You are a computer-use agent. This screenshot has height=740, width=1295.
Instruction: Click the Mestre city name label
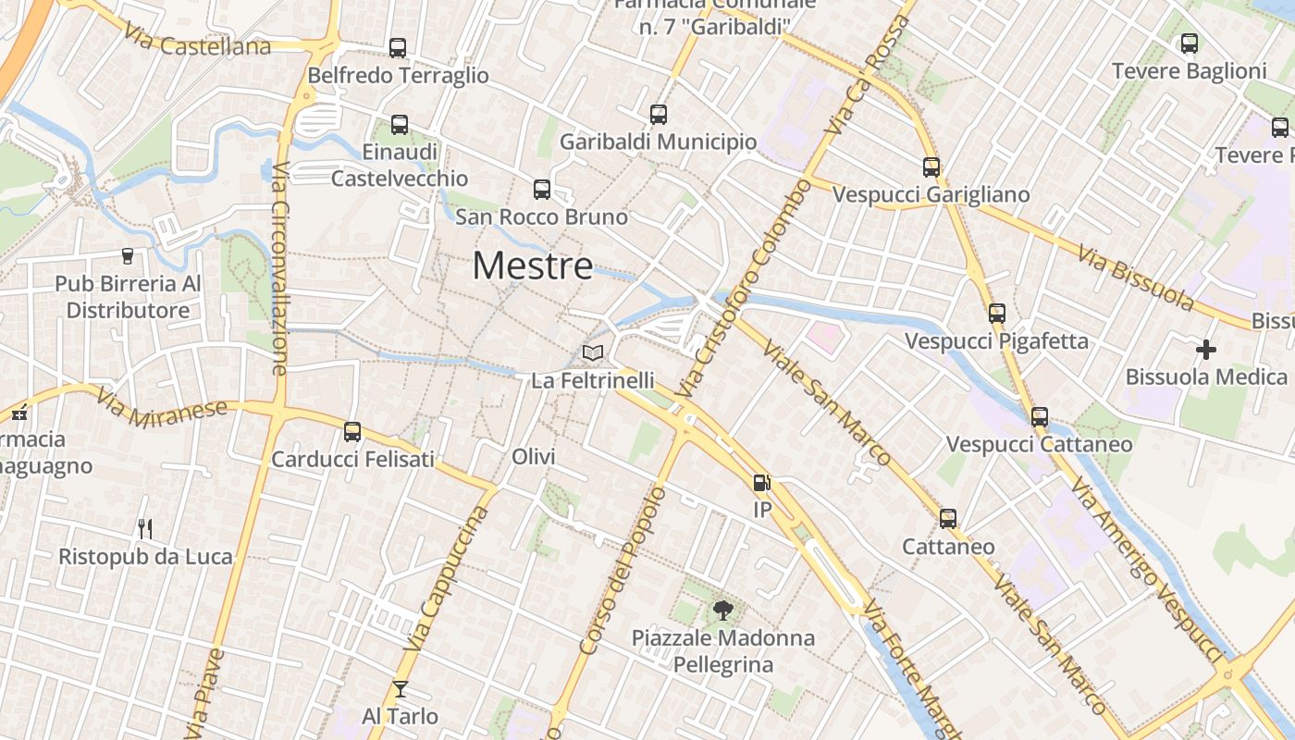[533, 266]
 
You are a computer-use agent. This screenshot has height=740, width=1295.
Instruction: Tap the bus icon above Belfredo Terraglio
[398, 48]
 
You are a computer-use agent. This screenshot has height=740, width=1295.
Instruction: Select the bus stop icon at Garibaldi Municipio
[659, 115]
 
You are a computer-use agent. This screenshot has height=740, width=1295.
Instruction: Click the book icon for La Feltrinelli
[593, 353]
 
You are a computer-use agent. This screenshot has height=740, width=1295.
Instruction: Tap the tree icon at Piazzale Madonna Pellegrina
[723, 610]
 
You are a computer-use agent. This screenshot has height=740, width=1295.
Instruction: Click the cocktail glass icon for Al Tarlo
[400, 688]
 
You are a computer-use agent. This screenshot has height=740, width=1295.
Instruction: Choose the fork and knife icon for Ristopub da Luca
[145, 529]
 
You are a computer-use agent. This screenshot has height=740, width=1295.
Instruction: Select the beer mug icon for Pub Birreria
[128, 256]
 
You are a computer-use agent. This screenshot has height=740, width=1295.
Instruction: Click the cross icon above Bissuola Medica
[1206, 350]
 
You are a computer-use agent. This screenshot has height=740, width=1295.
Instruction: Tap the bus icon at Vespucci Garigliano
[931, 167]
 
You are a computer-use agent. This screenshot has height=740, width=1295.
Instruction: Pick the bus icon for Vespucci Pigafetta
[996, 314]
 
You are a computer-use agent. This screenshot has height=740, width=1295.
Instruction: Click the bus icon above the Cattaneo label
[948, 519]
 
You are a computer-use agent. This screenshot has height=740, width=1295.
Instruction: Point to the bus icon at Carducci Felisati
[352, 432]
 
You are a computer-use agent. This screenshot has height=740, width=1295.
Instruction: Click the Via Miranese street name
[162, 408]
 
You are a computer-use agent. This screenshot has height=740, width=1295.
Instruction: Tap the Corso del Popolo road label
[622, 572]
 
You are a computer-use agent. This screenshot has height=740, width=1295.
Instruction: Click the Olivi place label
[534, 457]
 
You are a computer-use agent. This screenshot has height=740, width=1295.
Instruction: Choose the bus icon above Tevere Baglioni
[1190, 43]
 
